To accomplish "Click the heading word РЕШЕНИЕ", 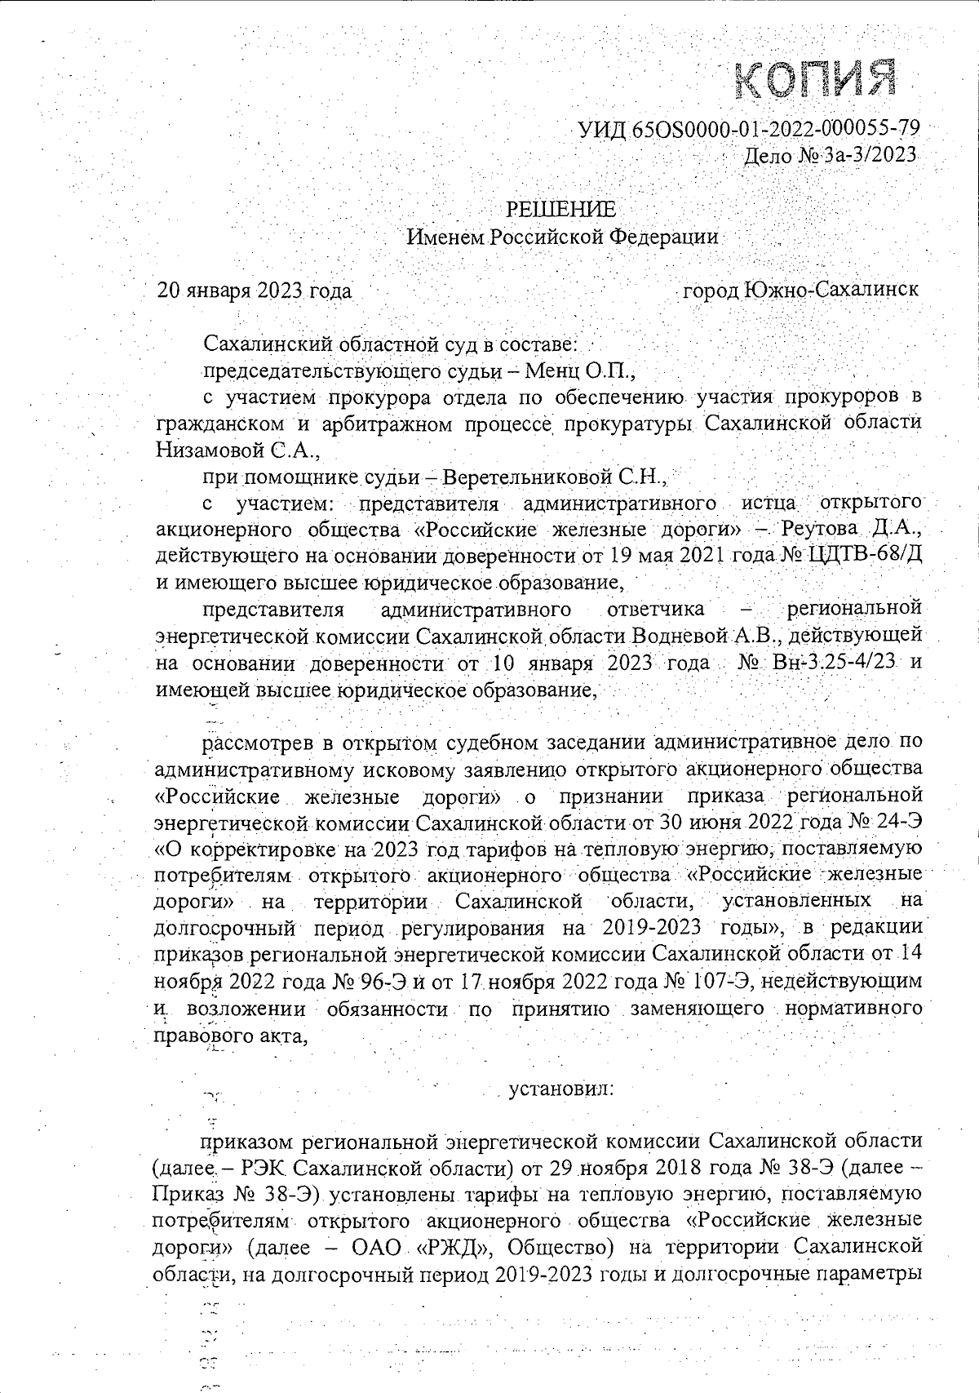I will tap(563, 210).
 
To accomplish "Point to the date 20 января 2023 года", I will tap(255, 291).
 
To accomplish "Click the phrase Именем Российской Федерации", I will tap(563, 237).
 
